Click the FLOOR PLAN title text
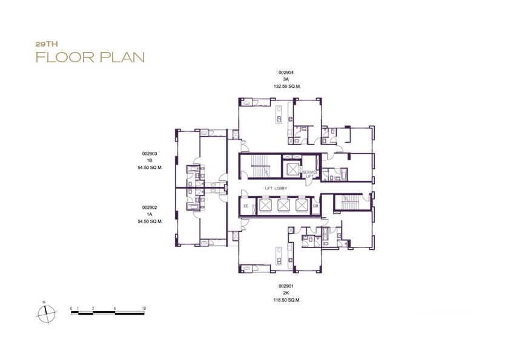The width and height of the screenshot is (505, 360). pos(90,57)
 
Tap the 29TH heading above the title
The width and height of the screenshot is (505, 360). pos(47,44)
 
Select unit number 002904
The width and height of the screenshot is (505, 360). pos(286,73)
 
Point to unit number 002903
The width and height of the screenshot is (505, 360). pos(150,154)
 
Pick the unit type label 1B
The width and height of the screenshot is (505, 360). pos(150,160)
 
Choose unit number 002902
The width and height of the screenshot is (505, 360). pos(150,208)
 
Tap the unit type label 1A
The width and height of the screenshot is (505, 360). pos(150,214)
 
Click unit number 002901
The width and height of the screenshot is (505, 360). pos(286,286)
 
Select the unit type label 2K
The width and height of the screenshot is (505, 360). pos(286,293)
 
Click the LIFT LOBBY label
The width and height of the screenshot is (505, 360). pos(276,189)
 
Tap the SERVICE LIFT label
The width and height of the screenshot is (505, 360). pos(310,174)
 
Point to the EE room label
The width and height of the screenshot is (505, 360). pos(246,206)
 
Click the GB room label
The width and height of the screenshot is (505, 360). pos(315,206)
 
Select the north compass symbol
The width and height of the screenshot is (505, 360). pos(47,313)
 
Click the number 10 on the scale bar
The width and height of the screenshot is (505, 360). pos(144,308)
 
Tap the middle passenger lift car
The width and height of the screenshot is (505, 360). pos(283,205)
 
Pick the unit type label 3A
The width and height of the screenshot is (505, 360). pos(286,79)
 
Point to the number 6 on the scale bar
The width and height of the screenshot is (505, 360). pos(114,308)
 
